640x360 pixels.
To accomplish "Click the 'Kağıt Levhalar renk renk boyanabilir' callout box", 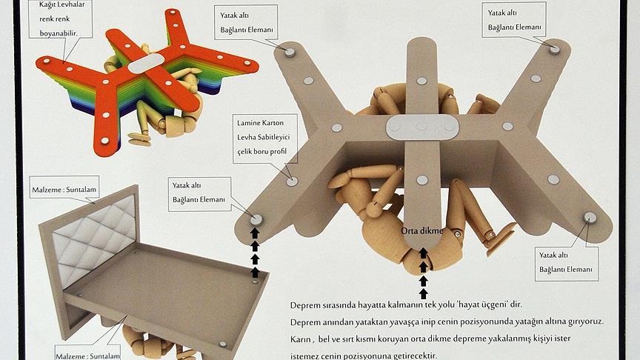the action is (61, 19).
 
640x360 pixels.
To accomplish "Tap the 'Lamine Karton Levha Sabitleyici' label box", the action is (265, 139).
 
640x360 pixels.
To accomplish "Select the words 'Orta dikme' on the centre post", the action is (421, 231).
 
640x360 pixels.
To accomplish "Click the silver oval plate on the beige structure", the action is (422, 127).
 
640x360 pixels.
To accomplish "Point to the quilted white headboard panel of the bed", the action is (95, 234).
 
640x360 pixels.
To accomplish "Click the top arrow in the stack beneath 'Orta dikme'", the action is (423, 253).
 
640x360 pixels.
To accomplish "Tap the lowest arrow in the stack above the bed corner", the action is (255, 273).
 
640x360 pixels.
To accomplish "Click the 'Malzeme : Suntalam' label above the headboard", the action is (64, 190).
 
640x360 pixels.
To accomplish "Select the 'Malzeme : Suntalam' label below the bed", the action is (87, 354).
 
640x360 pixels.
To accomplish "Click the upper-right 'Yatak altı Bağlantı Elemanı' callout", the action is (514, 20).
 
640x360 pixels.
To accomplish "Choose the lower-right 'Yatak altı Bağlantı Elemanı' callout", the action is (566, 262).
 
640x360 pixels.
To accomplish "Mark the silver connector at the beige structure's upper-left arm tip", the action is (290, 52).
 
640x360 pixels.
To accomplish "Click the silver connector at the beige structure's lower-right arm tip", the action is (590, 218).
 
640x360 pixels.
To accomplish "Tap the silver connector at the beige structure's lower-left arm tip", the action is (256, 220).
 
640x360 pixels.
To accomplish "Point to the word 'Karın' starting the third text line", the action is (301, 339).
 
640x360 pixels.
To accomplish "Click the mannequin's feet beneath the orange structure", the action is (139, 139).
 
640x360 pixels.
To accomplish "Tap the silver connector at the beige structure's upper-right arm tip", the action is (554, 50).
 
